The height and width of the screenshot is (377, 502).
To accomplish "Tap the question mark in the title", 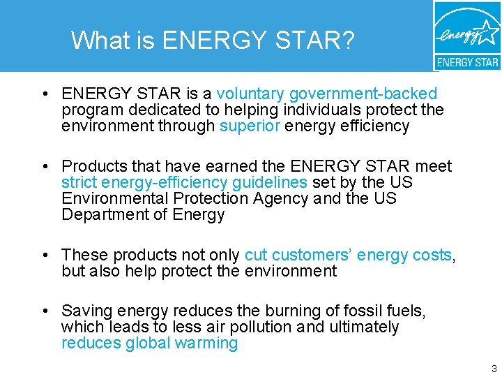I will [347, 40].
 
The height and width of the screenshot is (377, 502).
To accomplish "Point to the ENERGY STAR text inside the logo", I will [467, 62].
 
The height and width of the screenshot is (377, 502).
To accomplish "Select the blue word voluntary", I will [250, 94].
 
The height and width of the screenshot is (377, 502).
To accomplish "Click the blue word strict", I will [79, 182].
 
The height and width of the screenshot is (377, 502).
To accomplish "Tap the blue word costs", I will [432, 255].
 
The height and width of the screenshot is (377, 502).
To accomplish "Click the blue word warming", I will [207, 343].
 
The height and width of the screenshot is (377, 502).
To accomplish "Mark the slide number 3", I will [494, 368].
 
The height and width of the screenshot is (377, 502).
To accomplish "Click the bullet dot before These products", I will [44, 256].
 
